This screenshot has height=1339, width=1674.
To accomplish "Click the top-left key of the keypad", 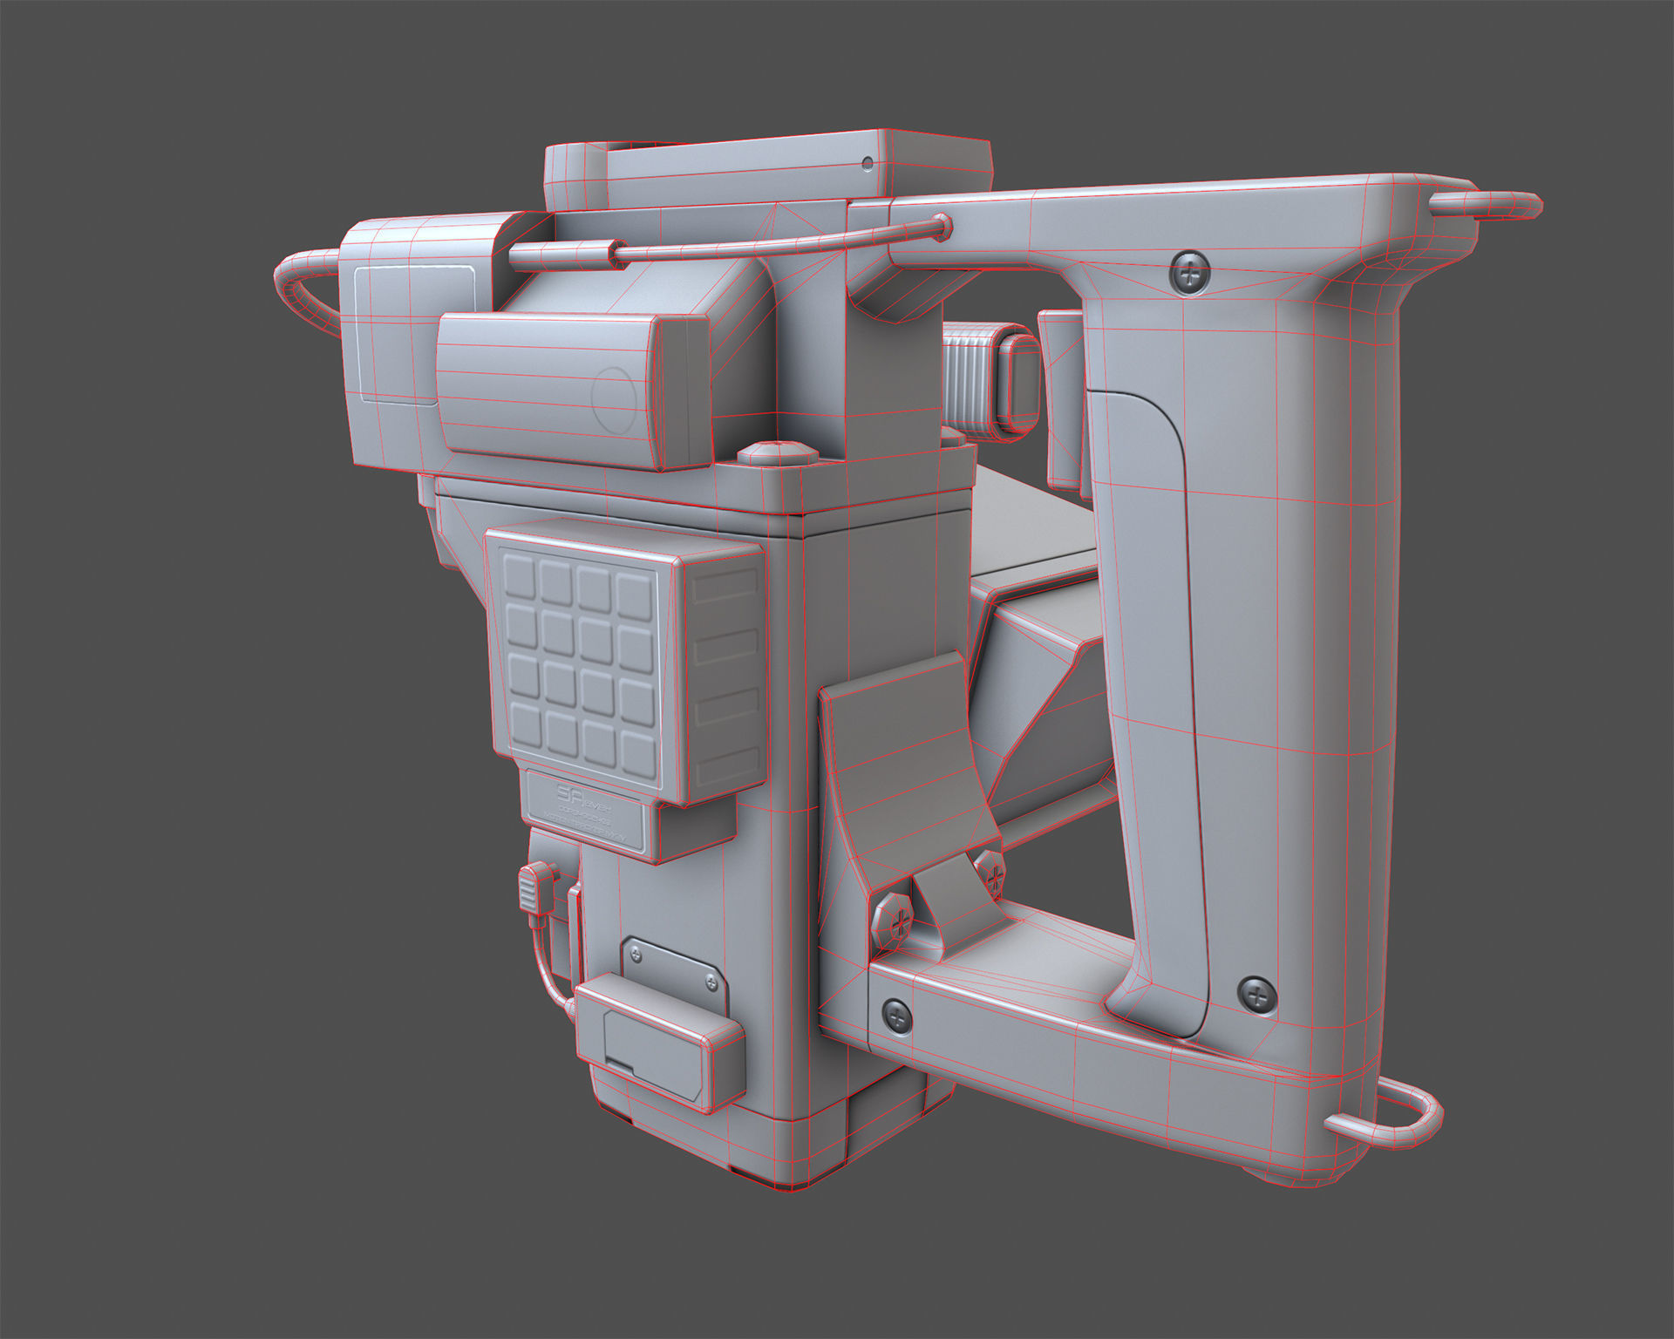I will click(520, 576).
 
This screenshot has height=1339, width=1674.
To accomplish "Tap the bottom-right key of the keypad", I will click(637, 750).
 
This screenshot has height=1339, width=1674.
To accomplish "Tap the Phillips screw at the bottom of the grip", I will click(1256, 996).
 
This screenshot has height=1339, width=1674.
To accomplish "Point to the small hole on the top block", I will click(867, 162).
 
